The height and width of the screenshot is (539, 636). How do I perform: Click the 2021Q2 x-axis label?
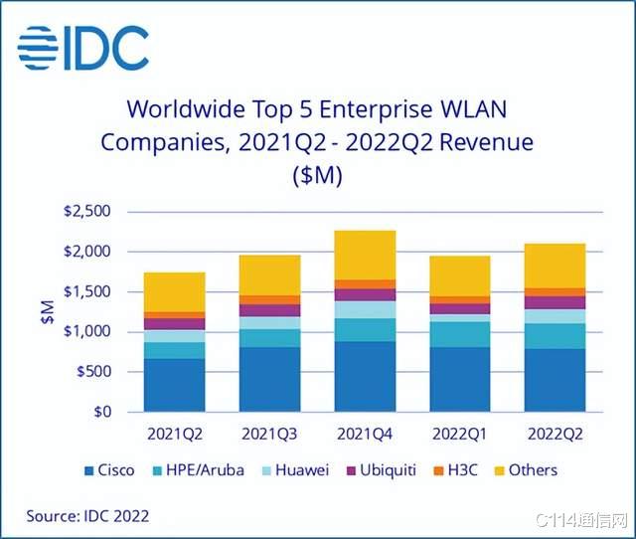[174, 436]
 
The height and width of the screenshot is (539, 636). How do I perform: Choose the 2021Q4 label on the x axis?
[365, 436]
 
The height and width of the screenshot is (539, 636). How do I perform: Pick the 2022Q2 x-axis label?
[556, 436]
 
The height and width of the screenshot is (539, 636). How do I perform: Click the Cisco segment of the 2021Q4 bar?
[365, 376]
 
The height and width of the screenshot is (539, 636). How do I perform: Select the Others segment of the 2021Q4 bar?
[365, 256]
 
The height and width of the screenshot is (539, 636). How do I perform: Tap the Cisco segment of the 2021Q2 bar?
[174, 385]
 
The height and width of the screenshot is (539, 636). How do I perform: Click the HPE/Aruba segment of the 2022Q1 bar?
[460, 334]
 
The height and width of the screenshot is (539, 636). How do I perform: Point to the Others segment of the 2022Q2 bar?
[556, 266]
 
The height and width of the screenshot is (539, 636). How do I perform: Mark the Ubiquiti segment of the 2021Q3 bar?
[269, 310]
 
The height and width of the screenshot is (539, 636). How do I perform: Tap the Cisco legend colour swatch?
[89, 470]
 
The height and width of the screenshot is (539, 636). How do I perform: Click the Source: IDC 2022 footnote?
[89, 516]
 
